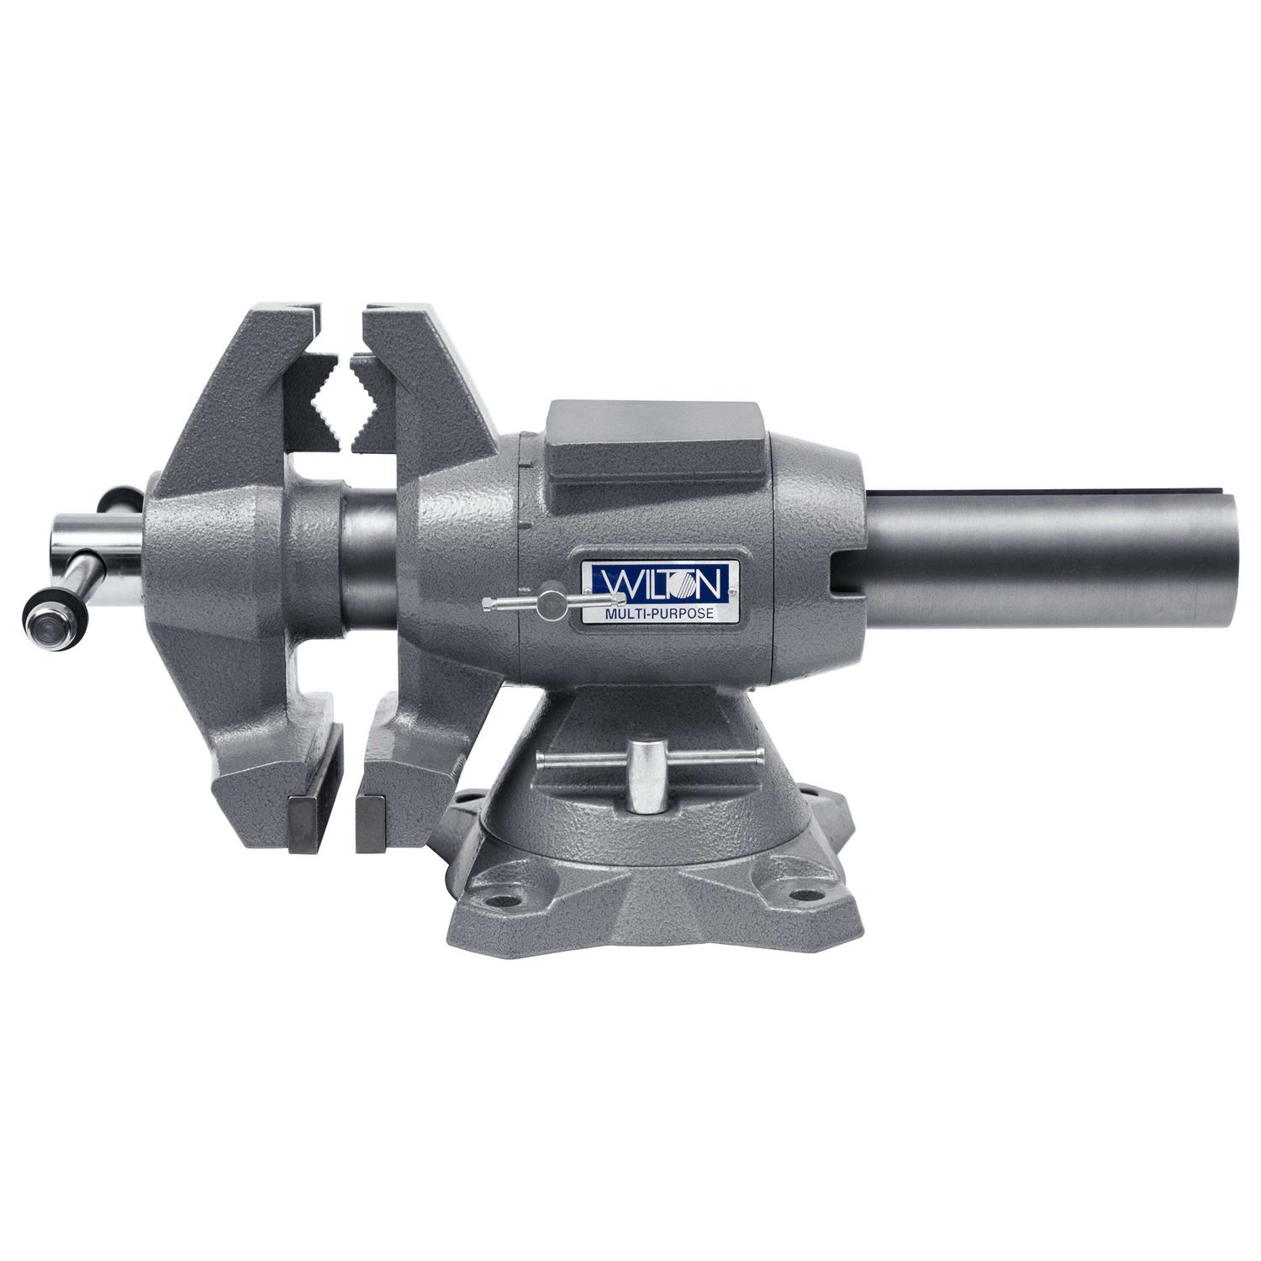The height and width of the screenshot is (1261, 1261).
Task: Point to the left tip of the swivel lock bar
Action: pos(541,760)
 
